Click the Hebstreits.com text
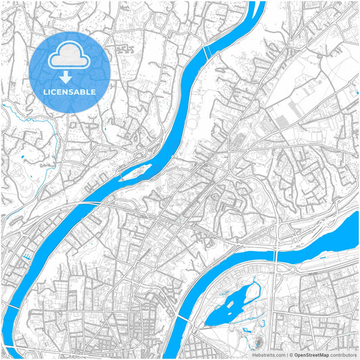click(266, 354)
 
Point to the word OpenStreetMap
click(310, 354)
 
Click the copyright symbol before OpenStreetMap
click(289, 354)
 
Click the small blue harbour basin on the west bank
click(26, 257)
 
